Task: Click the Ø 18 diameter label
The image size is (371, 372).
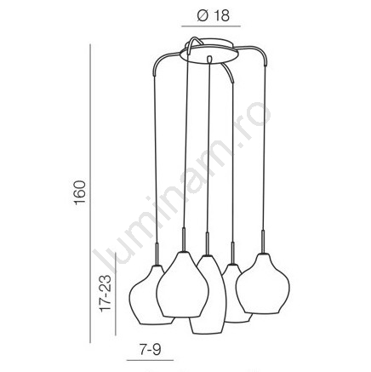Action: [x=214, y=15]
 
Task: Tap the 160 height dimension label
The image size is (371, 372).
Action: [x=80, y=192]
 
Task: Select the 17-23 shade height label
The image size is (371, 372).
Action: [x=106, y=294]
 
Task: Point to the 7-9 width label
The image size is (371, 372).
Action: [x=150, y=349]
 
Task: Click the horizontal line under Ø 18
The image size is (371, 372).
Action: [x=211, y=26]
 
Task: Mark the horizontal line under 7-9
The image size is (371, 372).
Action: [x=150, y=360]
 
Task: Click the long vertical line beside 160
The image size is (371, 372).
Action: [x=90, y=193]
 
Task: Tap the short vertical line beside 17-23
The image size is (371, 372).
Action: [x=116, y=294]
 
